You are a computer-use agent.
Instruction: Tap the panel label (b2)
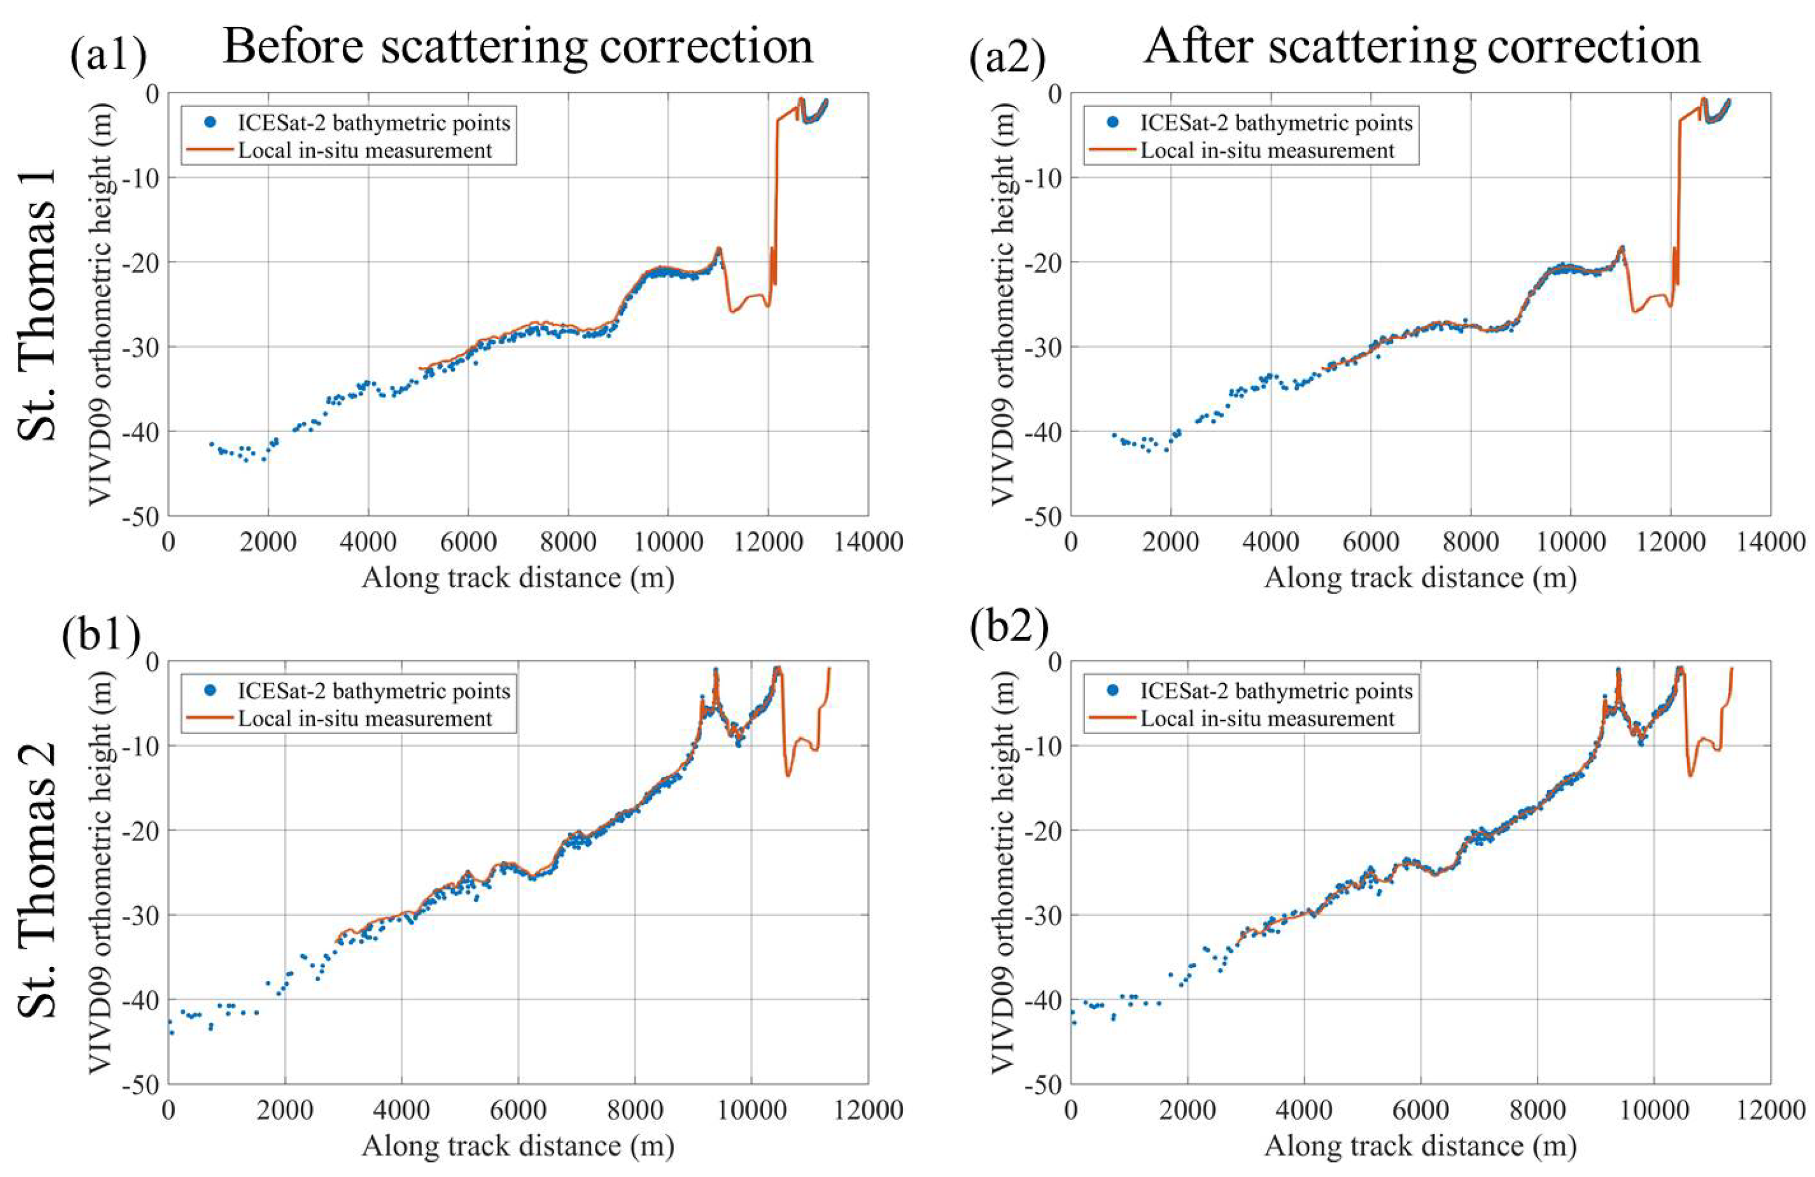[x=1009, y=627]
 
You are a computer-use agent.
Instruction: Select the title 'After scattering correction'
[x=1422, y=46]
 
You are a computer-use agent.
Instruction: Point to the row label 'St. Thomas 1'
[x=37, y=304]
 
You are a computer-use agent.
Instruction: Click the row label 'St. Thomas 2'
[x=37, y=876]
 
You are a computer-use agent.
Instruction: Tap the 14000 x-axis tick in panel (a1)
[x=868, y=542]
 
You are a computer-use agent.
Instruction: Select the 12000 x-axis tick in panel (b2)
[x=1770, y=1110]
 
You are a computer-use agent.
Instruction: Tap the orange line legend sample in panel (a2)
[x=1111, y=150]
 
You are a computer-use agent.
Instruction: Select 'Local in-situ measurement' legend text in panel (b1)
[x=365, y=718]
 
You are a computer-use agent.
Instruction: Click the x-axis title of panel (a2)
[x=1420, y=578]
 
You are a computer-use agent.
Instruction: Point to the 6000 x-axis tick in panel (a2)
[x=1371, y=542]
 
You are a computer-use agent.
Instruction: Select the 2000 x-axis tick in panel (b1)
[x=284, y=1110]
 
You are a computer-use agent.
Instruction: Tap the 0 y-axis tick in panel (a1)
[x=153, y=93]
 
